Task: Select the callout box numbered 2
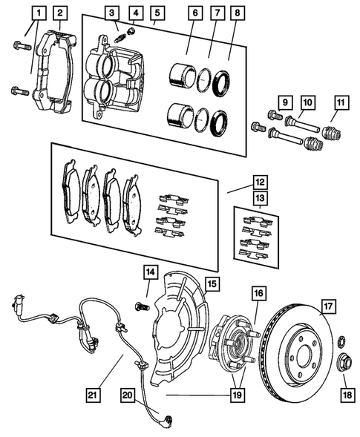click(x=60, y=12)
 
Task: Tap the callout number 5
click(x=156, y=12)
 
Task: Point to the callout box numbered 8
click(x=236, y=12)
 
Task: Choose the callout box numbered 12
click(x=258, y=180)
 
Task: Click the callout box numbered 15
click(x=212, y=283)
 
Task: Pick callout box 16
click(x=258, y=293)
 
